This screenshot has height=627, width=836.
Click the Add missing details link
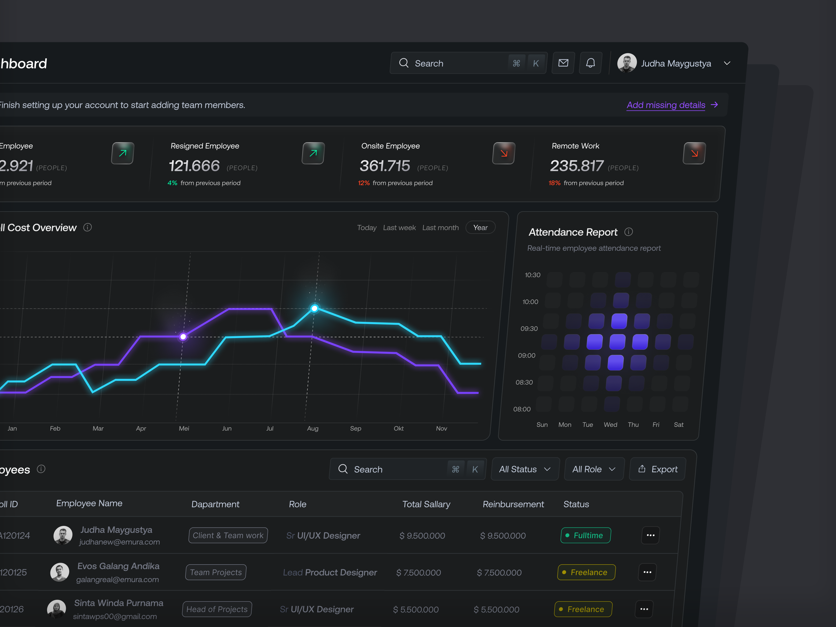(x=666, y=105)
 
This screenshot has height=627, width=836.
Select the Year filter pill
(x=480, y=228)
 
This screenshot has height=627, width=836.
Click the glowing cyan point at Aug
(x=315, y=308)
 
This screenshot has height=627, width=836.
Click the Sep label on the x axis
(x=356, y=428)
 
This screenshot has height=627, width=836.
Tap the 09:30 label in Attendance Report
(x=529, y=328)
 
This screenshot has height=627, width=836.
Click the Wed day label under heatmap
(x=610, y=425)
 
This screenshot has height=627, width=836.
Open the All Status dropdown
(x=525, y=469)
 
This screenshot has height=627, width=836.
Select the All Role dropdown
(x=594, y=469)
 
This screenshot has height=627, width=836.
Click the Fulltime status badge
(x=585, y=535)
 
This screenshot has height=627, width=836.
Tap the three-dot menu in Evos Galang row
(x=647, y=572)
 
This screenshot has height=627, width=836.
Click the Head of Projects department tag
(x=217, y=609)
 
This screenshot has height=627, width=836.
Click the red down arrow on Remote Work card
(x=694, y=153)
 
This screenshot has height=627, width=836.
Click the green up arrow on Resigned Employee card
(x=313, y=153)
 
